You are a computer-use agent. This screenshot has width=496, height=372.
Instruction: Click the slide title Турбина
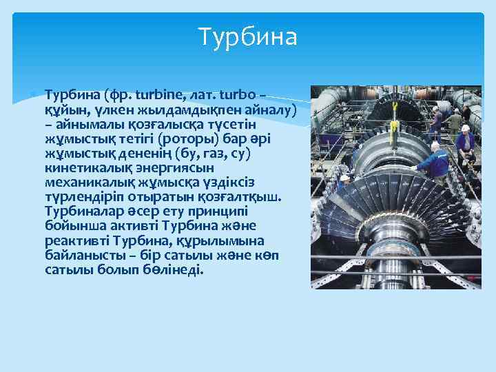[x=247, y=37]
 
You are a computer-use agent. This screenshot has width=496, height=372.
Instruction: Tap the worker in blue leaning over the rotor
[x=433, y=160]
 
